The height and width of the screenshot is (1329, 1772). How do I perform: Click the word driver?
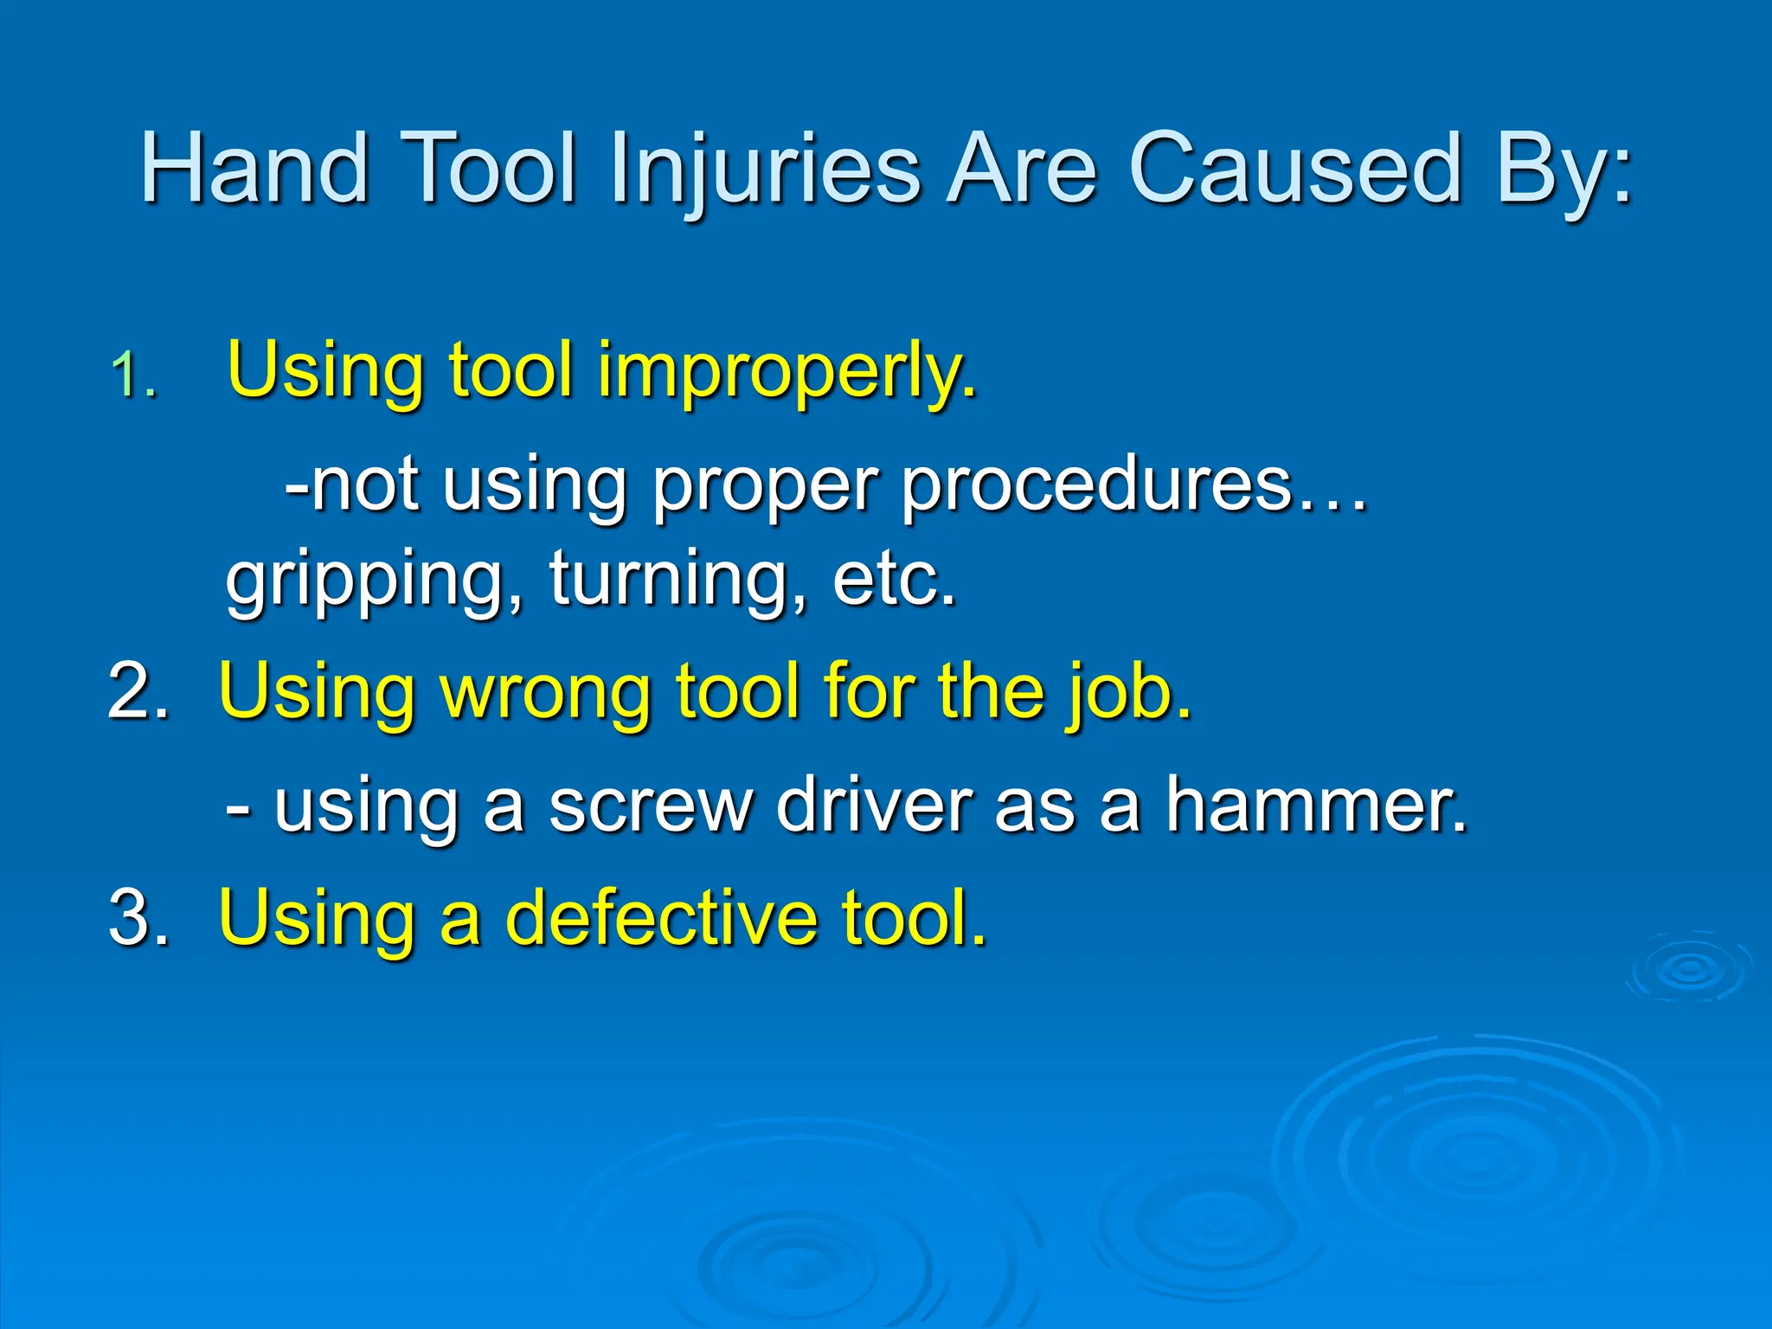click(874, 806)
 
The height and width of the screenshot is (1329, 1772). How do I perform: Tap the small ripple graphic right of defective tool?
click(1687, 969)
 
